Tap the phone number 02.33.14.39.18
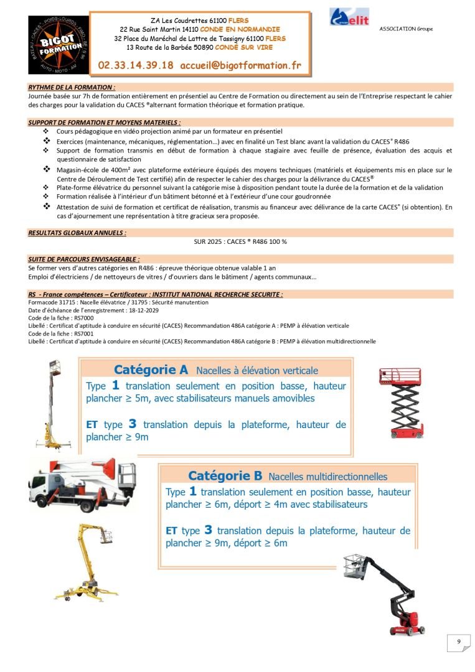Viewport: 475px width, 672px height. click(136, 65)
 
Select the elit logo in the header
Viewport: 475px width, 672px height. click(349, 17)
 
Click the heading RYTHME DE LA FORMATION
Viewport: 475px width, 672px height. click(72, 87)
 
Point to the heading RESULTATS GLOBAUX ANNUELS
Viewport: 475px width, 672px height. click(77, 232)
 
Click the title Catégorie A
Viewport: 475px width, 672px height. click(151, 370)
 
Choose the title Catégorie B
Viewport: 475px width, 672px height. click(225, 476)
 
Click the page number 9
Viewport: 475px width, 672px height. click(458, 643)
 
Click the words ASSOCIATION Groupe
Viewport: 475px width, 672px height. click(405, 29)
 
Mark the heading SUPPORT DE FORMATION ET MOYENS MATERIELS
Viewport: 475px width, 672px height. click(105, 123)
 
